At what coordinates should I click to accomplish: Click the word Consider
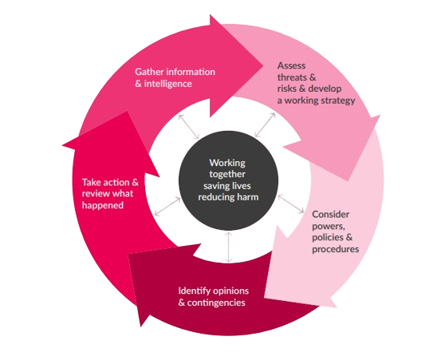[x=330, y=214]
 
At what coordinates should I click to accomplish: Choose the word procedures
[x=335, y=249]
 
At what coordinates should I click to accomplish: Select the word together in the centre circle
[x=228, y=174]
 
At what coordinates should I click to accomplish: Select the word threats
[x=293, y=77]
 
